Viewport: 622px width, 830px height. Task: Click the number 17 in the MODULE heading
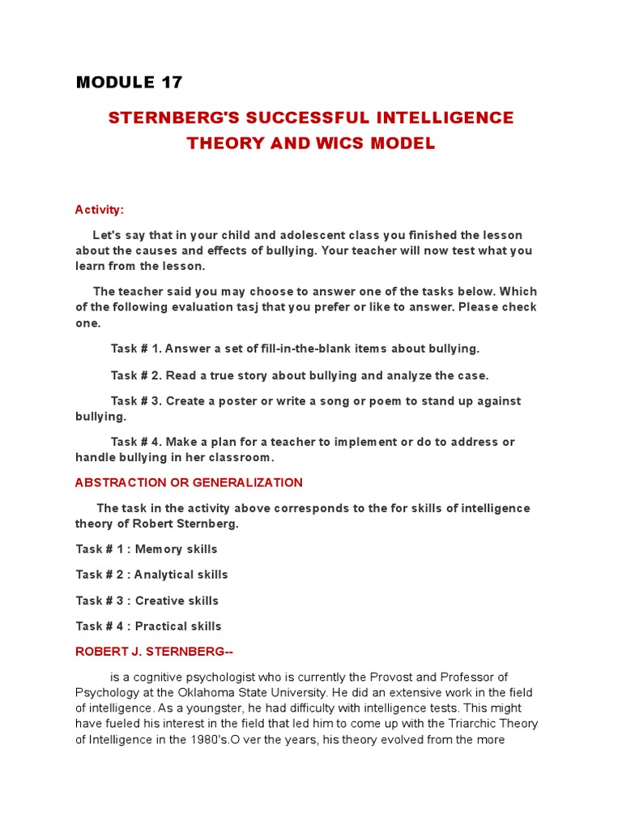[x=171, y=82]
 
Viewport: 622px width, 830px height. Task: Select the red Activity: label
[x=100, y=210]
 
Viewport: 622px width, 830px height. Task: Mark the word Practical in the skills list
[x=161, y=627]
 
